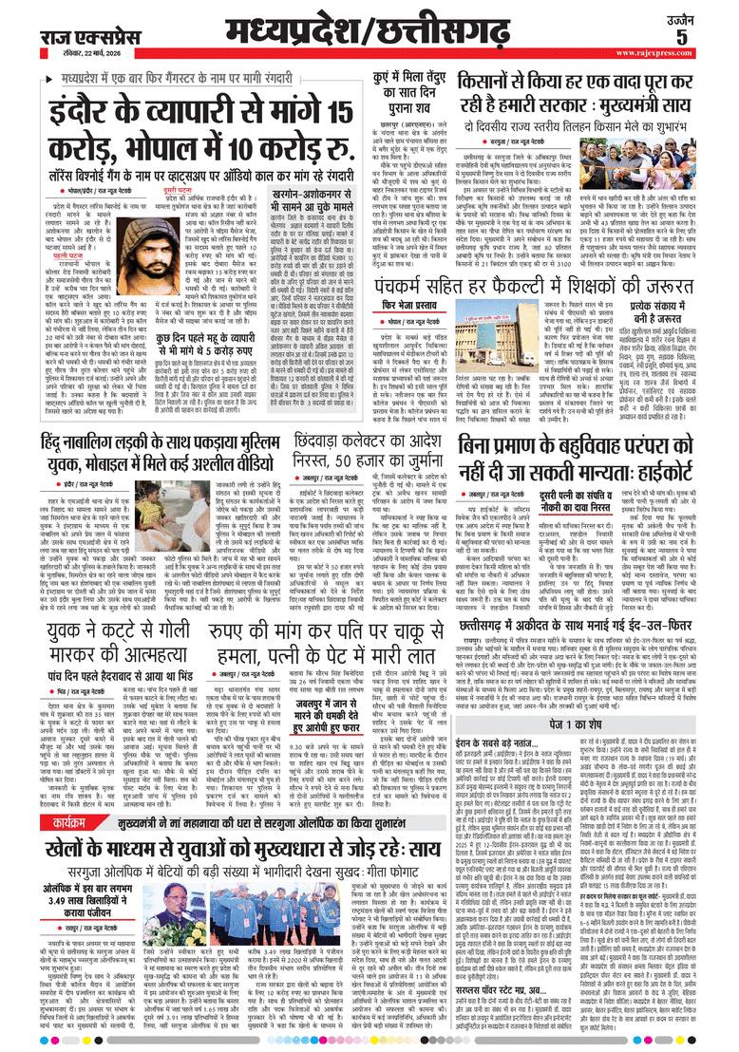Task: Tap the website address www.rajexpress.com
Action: [686, 54]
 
